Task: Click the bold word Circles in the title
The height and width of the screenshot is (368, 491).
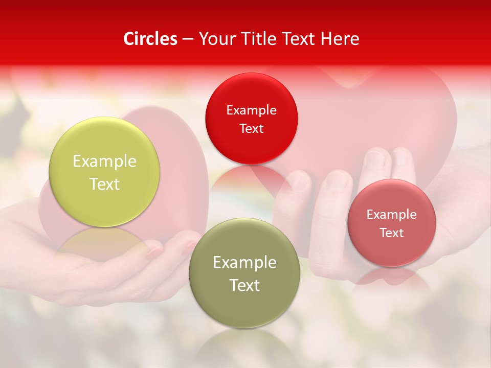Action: [150, 39]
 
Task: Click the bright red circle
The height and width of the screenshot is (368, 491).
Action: [251, 119]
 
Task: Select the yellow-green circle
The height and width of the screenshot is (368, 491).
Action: [104, 172]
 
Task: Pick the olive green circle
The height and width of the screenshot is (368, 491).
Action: [244, 273]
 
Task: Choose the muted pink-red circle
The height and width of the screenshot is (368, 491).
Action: [392, 223]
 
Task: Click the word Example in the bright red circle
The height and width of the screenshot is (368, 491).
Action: [251, 110]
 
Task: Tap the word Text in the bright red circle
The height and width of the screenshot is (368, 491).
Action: [251, 128]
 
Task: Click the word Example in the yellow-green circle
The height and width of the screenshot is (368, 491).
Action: [104, 161]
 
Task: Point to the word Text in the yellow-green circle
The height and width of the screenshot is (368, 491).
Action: [104, 184]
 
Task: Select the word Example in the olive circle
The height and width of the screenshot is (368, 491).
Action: [244, 262]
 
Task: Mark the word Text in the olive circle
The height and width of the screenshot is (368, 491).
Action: [244, 285]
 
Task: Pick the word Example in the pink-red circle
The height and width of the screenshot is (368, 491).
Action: [392, 214]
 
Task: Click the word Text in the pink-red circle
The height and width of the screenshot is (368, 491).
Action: [392, 233]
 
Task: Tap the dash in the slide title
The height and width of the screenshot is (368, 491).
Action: [187, 39]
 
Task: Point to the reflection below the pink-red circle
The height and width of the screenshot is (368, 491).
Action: [391, 277]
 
